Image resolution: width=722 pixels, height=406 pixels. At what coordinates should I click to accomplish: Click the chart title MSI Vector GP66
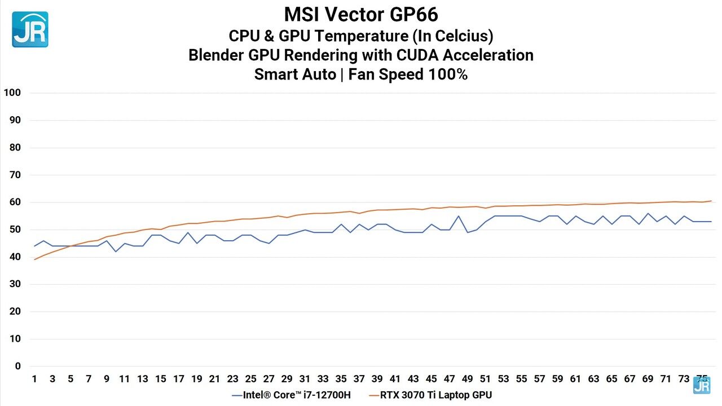[361, 14]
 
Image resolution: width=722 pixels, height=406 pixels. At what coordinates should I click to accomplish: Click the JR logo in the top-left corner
[30, 29]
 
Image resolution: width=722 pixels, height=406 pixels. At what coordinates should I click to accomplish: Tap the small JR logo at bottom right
[702, 385]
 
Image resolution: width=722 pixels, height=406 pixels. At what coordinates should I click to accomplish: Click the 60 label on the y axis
[15, 202]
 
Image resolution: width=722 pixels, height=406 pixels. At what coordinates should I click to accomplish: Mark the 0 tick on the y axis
[17, 366]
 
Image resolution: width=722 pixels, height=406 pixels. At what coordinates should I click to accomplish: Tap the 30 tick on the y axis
[15, 284]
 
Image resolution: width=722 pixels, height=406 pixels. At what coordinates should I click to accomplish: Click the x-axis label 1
[34, 379]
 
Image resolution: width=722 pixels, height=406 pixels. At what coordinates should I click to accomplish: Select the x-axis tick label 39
[377, 379]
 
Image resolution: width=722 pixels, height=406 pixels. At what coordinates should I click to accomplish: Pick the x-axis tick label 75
[702, 379]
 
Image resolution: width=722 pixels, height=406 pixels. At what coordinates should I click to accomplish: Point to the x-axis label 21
[215, 379]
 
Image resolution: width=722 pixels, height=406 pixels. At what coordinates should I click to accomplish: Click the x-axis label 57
[539, 379]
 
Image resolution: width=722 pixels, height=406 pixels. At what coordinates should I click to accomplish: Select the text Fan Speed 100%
[408, 74]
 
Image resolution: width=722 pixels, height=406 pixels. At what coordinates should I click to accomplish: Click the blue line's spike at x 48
[458, 216]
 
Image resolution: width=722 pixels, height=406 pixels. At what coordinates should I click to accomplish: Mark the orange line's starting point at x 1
[34, 259]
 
